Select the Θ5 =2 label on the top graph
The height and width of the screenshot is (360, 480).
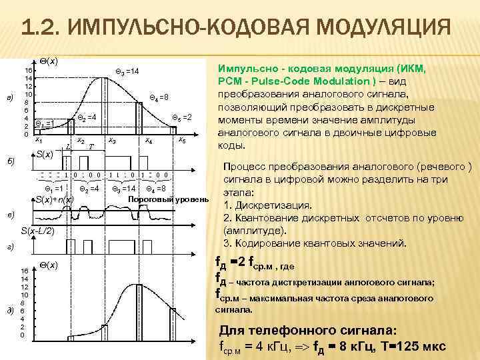click(181, 117)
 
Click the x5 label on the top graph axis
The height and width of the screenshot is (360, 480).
click(181, 141)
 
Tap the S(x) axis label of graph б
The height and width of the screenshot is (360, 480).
click(44, 155)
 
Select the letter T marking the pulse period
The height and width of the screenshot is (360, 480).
click(91, 145)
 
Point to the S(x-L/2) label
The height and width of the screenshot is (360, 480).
click(37, 231)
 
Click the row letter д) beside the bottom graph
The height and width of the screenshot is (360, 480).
click(9, 311)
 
